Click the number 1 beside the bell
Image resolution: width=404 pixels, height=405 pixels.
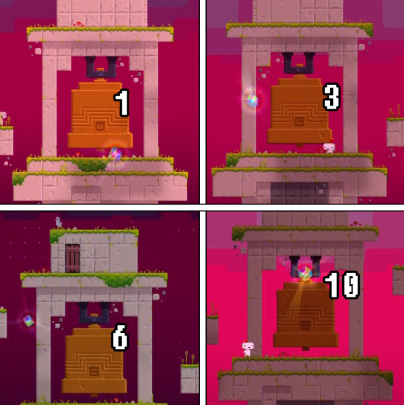coord(122,103)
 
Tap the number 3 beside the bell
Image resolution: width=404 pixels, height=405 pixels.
coord(332,97)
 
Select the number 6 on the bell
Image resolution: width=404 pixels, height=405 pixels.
coord(121,337)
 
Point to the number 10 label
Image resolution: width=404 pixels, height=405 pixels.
coord(342,285)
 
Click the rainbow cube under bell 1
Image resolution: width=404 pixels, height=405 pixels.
coord(115,154)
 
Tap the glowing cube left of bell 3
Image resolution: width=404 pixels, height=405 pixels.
coord(252,100)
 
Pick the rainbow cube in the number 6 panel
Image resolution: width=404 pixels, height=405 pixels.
coord(28,320)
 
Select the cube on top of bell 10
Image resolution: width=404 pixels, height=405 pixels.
coord(305,274)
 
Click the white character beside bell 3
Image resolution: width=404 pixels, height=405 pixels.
coord(329,147)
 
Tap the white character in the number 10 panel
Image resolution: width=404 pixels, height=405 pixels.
coord(248,348)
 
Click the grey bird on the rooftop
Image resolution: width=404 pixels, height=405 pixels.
coord(59,222)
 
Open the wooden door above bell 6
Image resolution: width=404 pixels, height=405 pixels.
coord(72,258)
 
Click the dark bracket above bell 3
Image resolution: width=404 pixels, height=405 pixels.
coord(299,63)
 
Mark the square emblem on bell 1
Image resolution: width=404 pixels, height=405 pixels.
coord(100,126)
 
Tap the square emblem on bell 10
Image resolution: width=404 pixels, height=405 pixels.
coord(306,326)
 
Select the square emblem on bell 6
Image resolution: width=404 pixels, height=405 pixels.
coord(94,372)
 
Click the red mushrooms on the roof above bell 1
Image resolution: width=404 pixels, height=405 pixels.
coord(79,24)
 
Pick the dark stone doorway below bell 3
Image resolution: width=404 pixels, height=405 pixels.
coord(300,192)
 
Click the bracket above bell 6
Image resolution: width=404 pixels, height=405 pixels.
coord(94,314)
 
